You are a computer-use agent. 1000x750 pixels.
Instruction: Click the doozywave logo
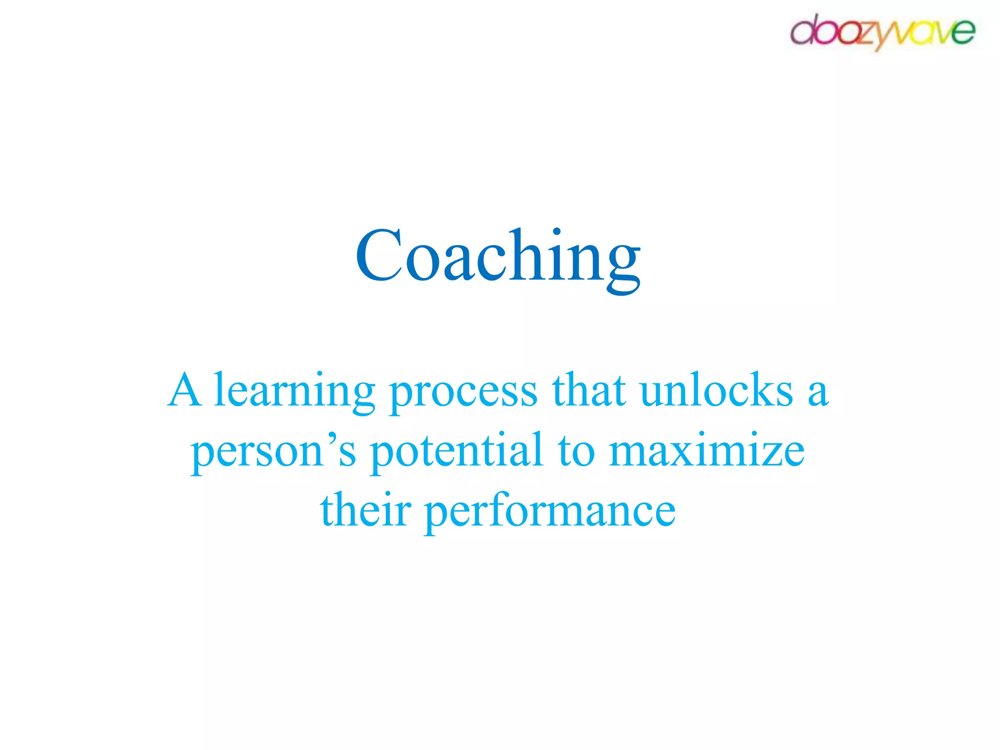882,32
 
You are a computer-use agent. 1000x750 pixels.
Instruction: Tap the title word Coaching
498,256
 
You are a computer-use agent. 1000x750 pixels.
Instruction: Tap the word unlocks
716,391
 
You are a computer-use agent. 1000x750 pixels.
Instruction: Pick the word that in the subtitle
589,391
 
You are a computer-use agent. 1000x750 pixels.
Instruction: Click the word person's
273,452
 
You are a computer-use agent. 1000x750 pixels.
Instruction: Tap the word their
365,510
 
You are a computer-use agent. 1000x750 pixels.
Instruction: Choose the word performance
550,512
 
